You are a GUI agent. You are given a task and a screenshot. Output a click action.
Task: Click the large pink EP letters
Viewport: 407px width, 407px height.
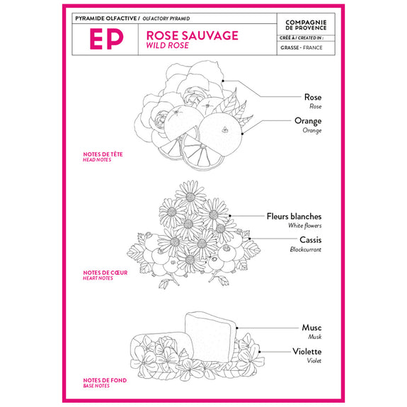[x=106, y=39]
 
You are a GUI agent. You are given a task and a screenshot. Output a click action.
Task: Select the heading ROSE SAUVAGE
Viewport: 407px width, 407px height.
[x=192, y=35]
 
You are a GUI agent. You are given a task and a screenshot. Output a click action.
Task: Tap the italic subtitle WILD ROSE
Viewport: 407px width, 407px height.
[x=168, y=45]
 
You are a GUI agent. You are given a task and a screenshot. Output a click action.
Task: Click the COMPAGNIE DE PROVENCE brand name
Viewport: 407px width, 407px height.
[x=306, y=25]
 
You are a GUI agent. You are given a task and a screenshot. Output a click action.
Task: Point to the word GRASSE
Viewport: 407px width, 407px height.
[x=290, y=47]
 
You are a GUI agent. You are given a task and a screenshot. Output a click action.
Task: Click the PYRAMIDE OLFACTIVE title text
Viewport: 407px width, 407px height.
[x=106, y=18]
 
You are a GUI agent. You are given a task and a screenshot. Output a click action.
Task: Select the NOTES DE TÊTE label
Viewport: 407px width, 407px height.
[x=103, y=154]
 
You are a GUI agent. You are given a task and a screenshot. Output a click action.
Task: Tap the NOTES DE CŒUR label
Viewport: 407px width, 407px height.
[x=105, y=273]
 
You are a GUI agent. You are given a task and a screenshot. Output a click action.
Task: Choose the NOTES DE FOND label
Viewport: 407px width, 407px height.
[x=105, y=380]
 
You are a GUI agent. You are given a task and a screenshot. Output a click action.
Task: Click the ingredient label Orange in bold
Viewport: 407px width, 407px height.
[x=308, y=121]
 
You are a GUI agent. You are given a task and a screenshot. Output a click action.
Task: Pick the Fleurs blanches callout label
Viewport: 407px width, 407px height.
[x=294, y=216]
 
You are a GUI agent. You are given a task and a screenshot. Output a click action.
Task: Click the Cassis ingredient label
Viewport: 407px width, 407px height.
[x=311, y=240]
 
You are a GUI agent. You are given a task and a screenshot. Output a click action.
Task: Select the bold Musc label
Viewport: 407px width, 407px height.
[x=311, y=327]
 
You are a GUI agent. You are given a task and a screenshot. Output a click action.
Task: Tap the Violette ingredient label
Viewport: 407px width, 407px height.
[x=307, y=352]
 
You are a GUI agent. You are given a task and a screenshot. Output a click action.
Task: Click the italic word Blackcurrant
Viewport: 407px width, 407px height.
[x=306, y=249]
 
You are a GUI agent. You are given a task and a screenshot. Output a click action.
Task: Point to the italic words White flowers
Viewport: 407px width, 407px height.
[x=305, y=226]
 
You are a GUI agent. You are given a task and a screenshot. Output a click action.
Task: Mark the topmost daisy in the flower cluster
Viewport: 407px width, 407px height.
[x=190, y=196]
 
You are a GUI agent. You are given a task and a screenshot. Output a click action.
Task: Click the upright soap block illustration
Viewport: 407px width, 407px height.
[x=210, y=337]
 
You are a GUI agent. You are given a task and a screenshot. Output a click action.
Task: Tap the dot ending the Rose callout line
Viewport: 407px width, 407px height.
[x=223, y=81]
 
